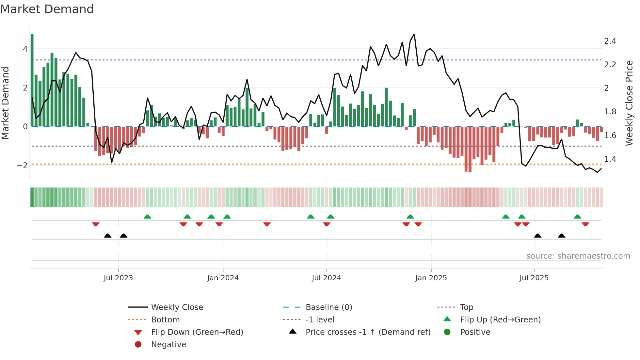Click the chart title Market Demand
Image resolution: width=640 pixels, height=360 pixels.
(47, 9)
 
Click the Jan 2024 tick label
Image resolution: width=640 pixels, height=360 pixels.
(223, 278)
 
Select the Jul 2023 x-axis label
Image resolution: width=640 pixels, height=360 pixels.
(118, 278)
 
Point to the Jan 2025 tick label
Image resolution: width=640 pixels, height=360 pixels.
(431, 278)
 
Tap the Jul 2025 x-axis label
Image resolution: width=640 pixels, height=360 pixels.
(534, 278)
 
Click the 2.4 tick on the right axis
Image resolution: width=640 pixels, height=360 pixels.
(610, 41)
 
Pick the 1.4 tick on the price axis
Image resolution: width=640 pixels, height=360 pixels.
(610, 159)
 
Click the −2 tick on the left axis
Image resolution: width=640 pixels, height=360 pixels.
(22, 166)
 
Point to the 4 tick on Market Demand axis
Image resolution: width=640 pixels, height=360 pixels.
(25, 49)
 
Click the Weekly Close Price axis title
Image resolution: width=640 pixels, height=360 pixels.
(629, 103)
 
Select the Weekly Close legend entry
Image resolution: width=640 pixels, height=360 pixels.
(177, 307)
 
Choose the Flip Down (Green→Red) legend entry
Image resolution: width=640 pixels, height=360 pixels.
(197, 332)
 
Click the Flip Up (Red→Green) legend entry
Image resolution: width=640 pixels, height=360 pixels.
(500, 320)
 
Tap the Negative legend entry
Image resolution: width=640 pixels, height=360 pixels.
(168, 345)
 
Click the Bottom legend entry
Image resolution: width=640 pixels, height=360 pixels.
(165, 320)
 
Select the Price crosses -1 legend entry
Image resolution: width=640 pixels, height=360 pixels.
(368, 332)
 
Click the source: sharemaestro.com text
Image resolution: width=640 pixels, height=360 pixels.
(578, 256)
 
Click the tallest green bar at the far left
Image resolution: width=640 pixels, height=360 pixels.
(32, 80)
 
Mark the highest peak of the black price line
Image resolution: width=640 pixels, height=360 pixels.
(414, 34)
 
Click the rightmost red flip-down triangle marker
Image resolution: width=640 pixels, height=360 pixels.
(585, 224)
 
